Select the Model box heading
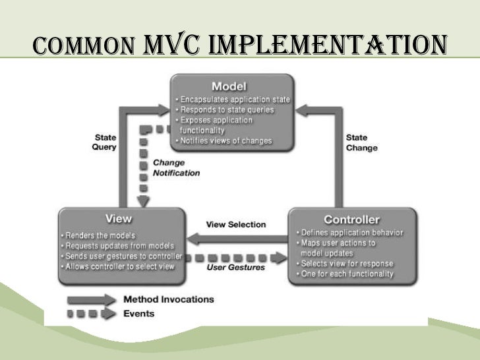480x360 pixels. pos(229,86)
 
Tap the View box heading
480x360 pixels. pos(119,219)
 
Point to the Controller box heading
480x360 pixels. pos(351,219)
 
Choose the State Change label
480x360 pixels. pos(361,143)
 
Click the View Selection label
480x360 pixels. pos(235,224)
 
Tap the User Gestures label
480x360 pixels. pos(235,267)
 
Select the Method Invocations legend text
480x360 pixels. pos(169,299)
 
